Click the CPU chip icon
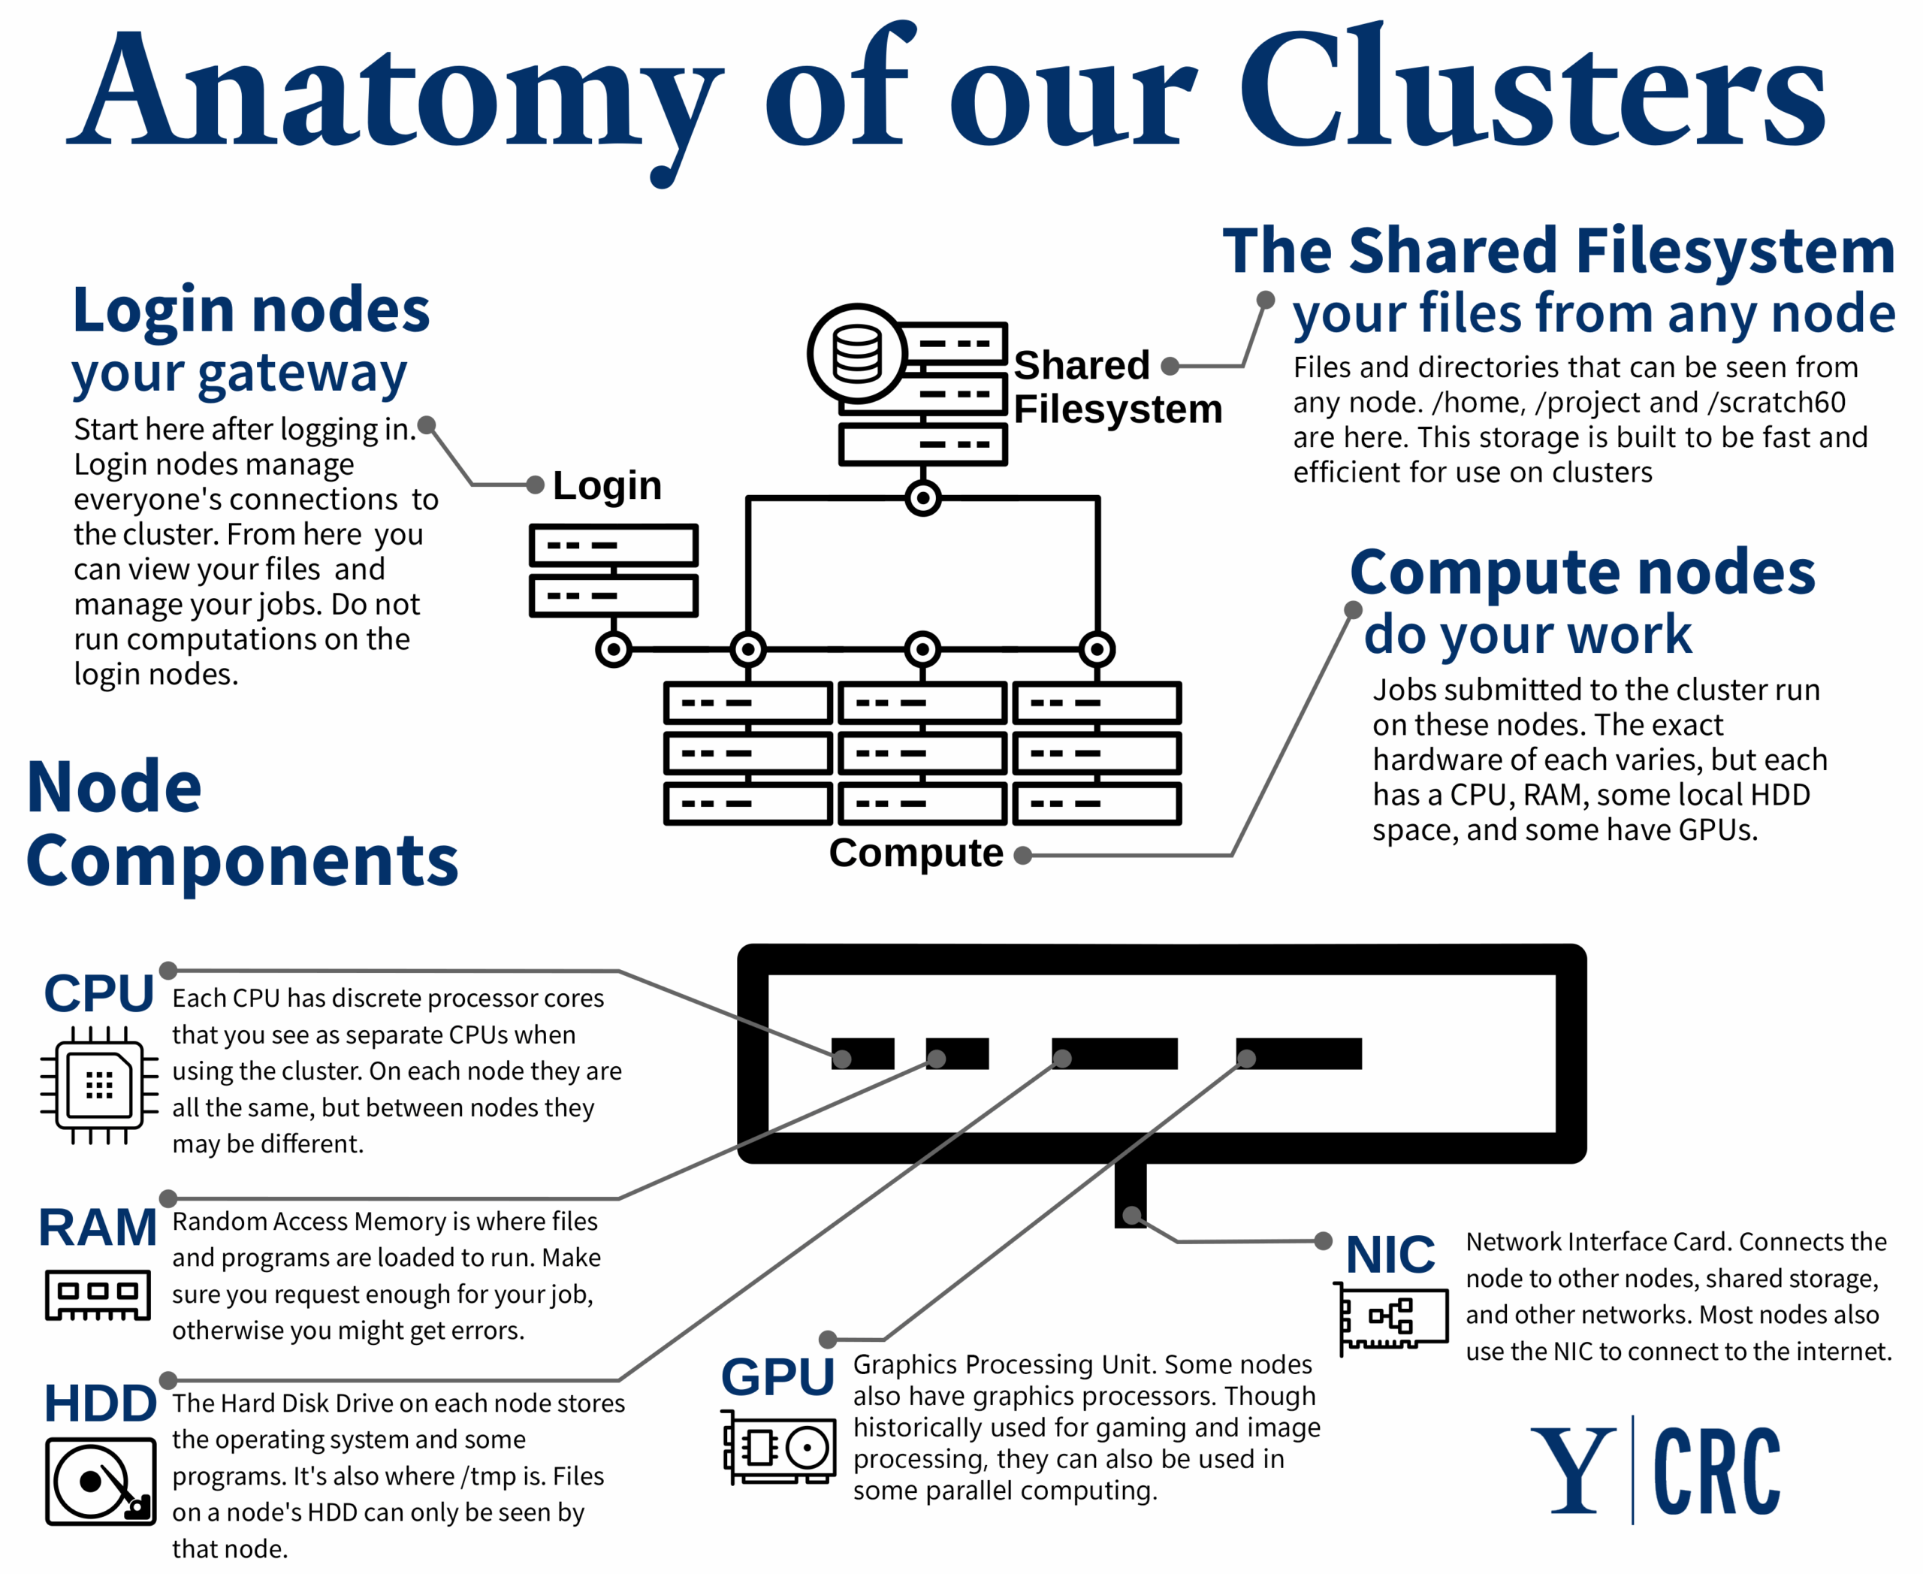pyautogui.click(x=99, y=1084)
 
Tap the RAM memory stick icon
pyautogui.click(x=98, y=1294)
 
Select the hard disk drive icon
pyautogui.click(x=101, y=1482)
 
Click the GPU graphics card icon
pyautogui.click(x=779, y=1447)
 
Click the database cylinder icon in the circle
pyautogui.click(x=857, y=354)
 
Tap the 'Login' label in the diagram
pyautogui.click(x=606, y=486)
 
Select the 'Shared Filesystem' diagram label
pyautogui.click(x=1117, y=387)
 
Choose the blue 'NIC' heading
pyautogui.click(x=1390, y=1255)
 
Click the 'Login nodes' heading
pyautogui.click(x=250, y=310)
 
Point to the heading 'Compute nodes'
pyautogui.click(x=1582, y=573)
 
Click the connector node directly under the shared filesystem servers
pyautogui.click(x=923, y=498)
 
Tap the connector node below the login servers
pyautogui.click(x=614, y=649)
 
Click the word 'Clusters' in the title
pyautogui.click(x=1532, y=91)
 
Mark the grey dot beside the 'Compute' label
pyautogui.click(x=1022, y=855)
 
